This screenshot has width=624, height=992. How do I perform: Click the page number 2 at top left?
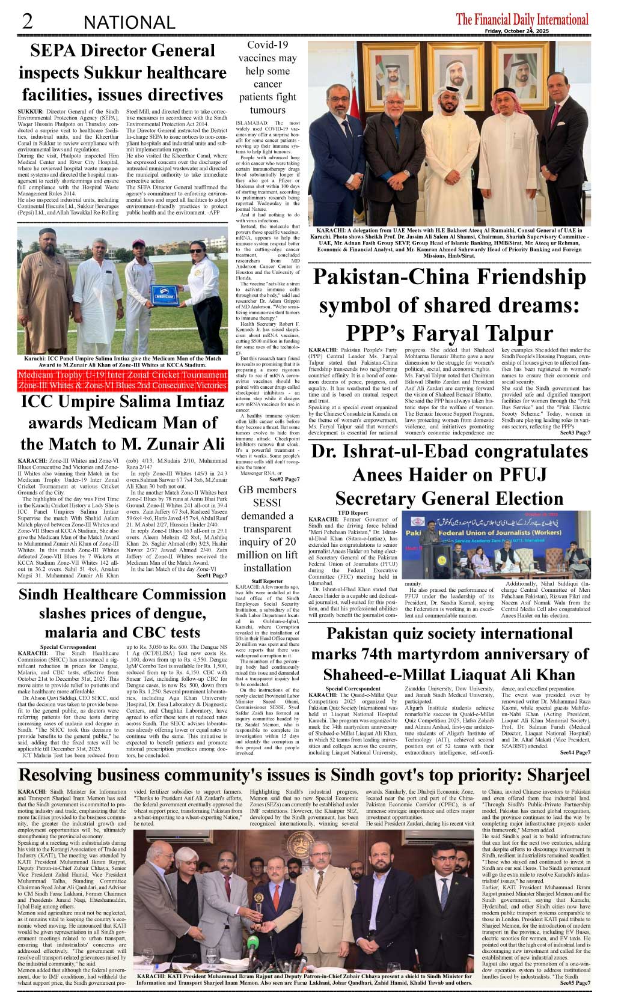point(27,21)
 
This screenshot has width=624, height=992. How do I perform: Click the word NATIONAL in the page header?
point(129,23)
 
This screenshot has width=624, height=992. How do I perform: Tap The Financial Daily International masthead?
point(522,19)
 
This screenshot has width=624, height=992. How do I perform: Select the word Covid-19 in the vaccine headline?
point(268,45)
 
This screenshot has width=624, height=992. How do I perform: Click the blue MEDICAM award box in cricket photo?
point(162,296)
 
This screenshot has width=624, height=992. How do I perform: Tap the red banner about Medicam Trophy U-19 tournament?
point(123,380)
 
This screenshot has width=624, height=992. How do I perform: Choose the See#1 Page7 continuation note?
point(212,576)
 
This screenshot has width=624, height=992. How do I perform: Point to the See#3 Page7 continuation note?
point(575,433)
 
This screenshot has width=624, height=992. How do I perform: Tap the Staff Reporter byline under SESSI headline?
point(267,581)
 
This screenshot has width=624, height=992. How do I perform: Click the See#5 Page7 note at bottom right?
point(575,983)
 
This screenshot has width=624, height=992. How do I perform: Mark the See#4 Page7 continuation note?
point(575,752)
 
